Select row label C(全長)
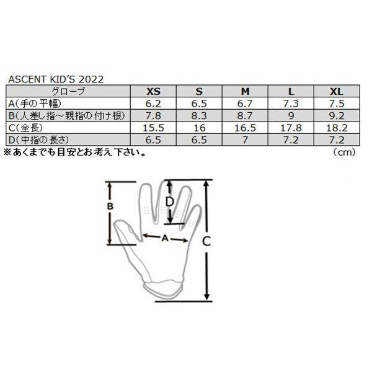[24, 128]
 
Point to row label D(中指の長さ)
[36, 139]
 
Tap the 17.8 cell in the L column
[291, 128]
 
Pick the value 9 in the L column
[291, 115]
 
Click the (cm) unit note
[346, 151]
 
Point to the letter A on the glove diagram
[165, 237]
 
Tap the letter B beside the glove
[109, 206]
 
